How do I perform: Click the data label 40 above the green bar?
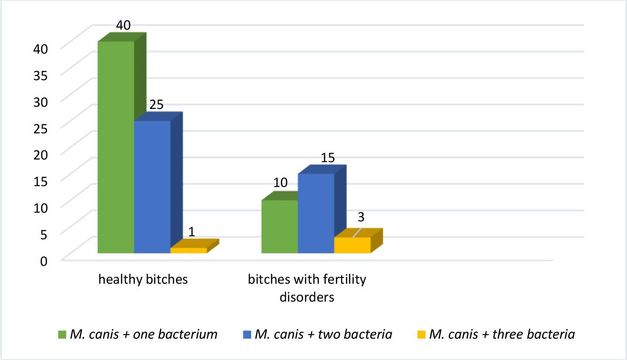[x=123, y=25]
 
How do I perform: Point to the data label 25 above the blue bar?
[x=156, y=105]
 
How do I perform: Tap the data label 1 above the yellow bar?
[x=191, y=231]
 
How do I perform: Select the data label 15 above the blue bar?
[x=328, y=158]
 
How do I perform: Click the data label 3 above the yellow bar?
[x=361, y=217]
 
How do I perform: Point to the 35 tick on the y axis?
[x=41, y=75]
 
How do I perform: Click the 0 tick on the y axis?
[x=44, y=261]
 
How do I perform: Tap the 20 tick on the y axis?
[x=41, y=155]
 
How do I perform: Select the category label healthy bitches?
[x=143, y=279]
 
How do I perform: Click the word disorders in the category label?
[x=307, y=297]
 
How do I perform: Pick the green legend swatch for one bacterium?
[x=62, y=335]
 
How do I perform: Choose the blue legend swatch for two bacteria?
[x=247, y=335]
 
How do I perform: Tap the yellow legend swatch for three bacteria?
[x=421, y=335]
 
